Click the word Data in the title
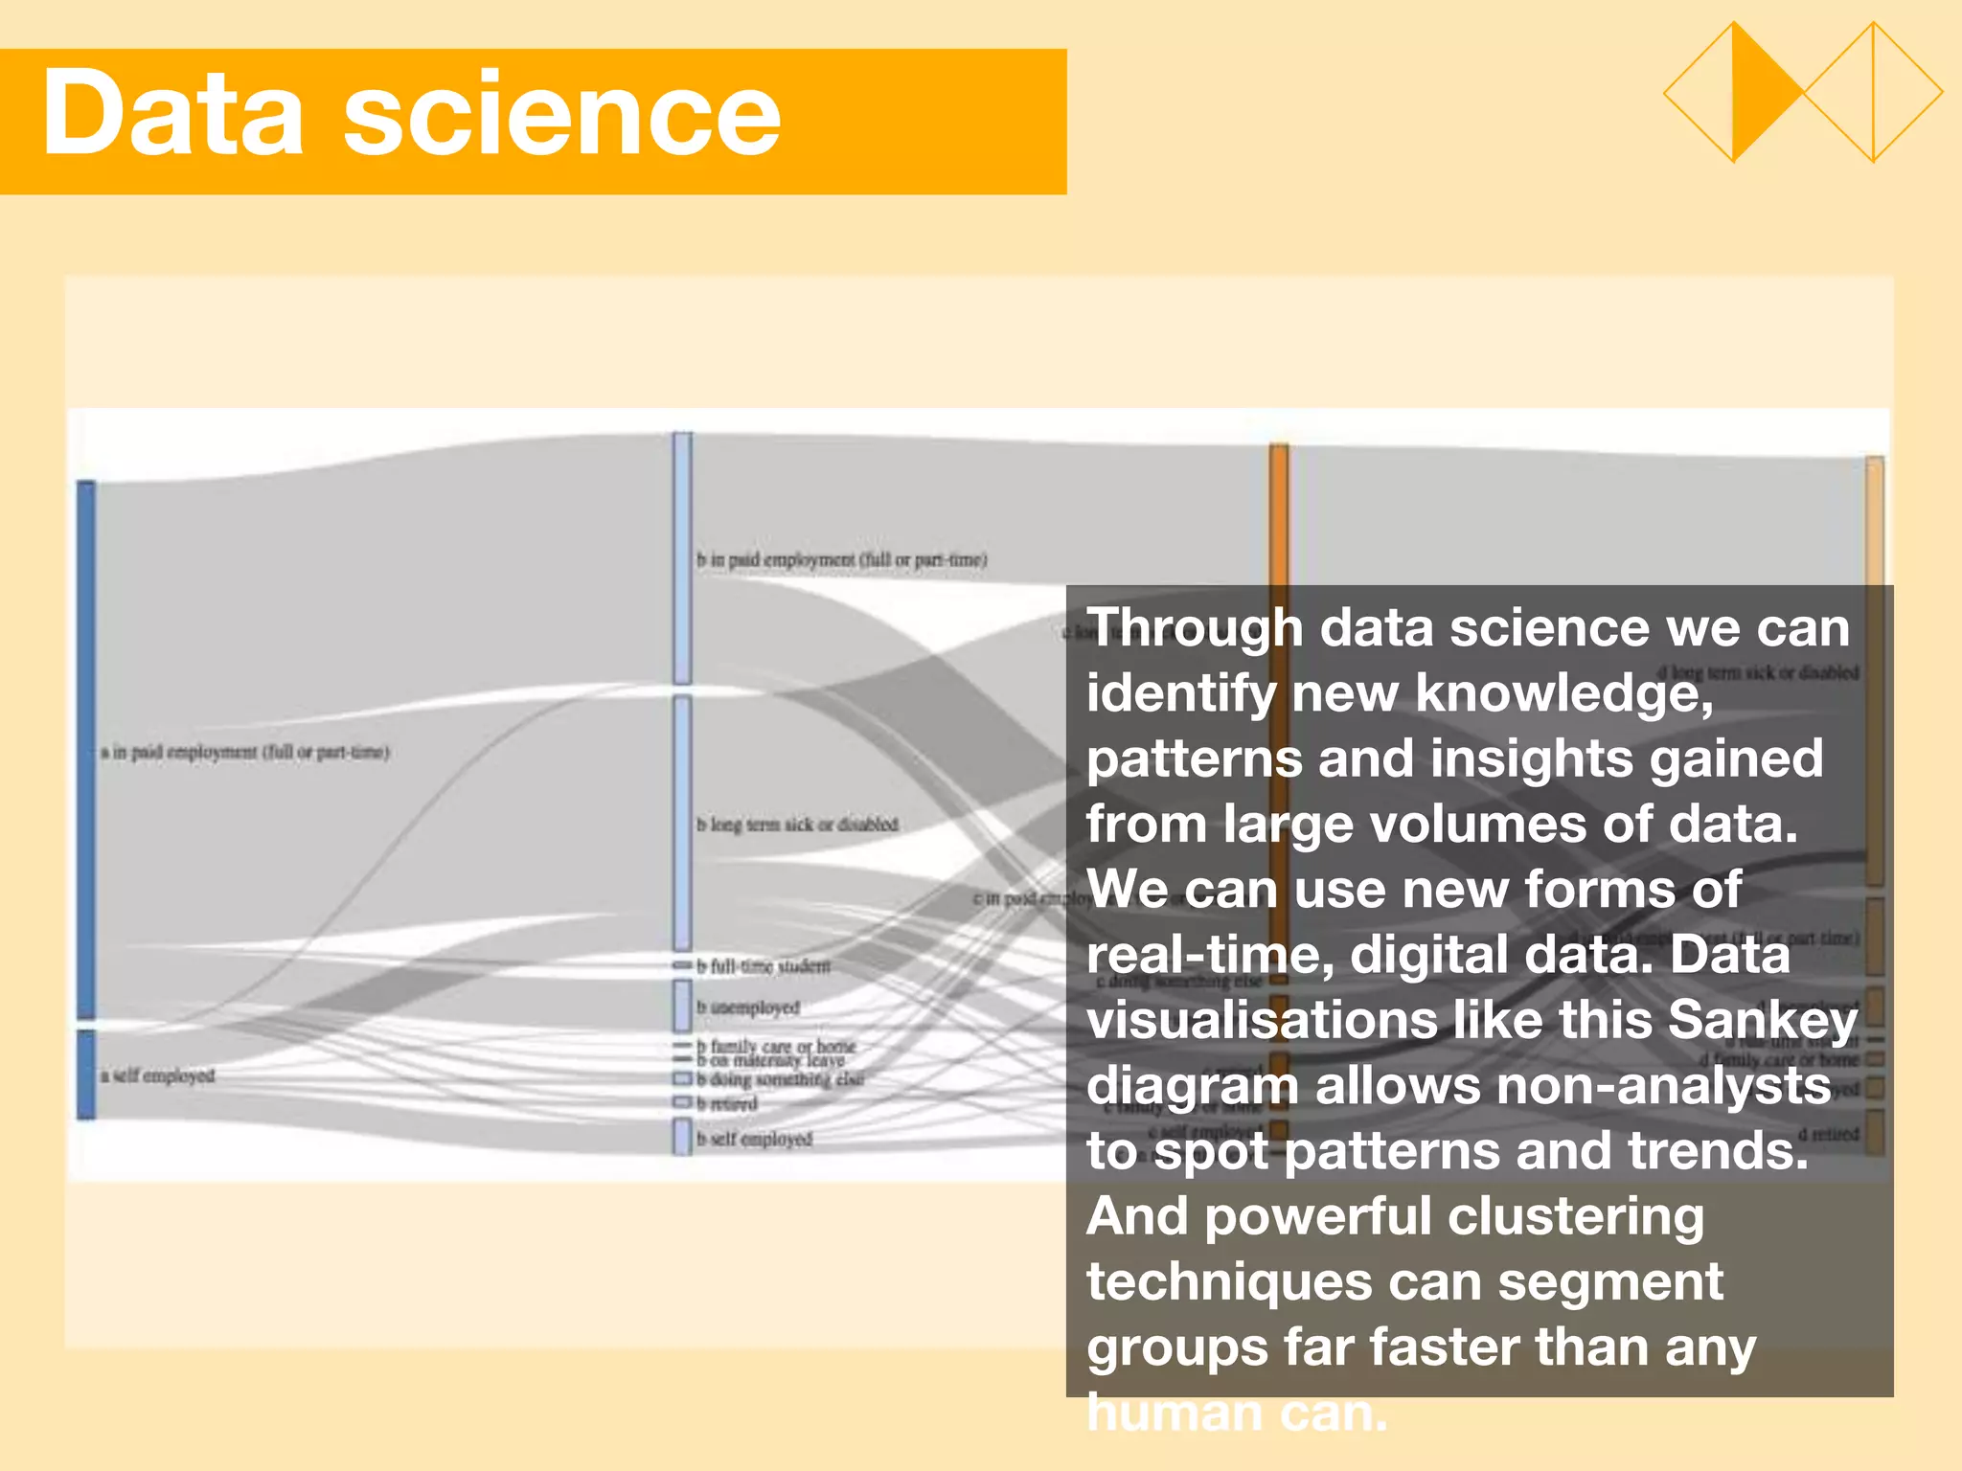tap(172, 115)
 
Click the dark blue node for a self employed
tap(86, 1074)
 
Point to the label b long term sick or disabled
tap(797, 825)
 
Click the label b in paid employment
tap(841, 559)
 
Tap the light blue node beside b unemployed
tap(682, 1006)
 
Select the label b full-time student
tap(764, 966)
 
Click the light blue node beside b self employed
tap(682, 1137)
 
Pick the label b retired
tap(727, 1104)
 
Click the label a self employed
tap(157, 1075)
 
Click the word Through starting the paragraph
tap(1194, 628)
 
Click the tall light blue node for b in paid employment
tap(682, 557)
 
